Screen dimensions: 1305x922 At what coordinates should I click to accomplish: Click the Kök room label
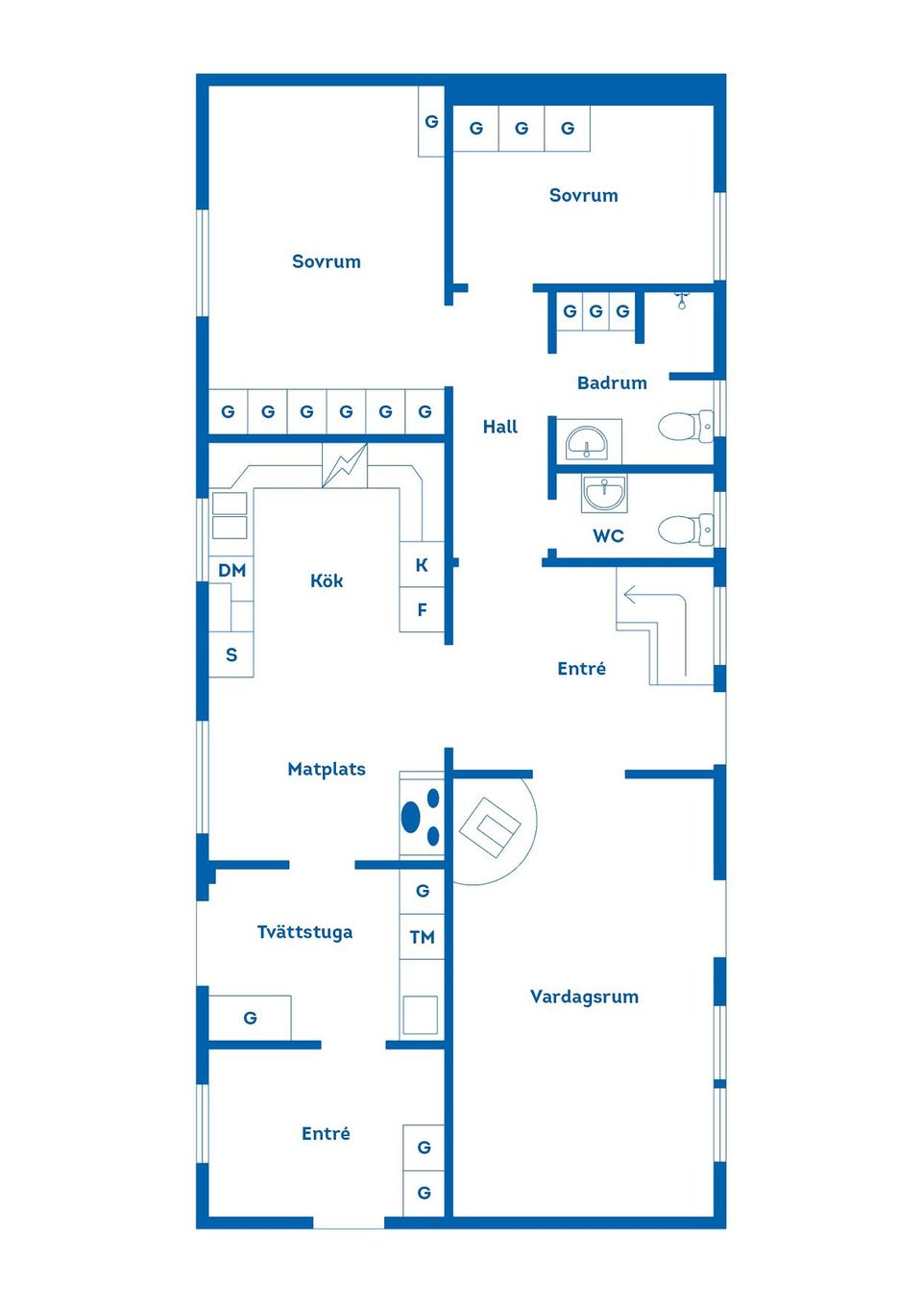pyautogui.click(x=327, y=580)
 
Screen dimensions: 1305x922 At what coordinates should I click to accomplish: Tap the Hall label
pyautogui.click(x=499, y=427)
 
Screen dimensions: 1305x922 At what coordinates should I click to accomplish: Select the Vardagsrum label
pyautogui.click(x=584, y=997)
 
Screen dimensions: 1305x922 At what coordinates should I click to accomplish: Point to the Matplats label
pyautogui.click(x=327, y=769)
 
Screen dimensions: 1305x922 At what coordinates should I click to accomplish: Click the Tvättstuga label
pyautogui.click(x=304, y=932)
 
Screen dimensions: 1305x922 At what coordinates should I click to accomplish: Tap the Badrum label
pyautogui.click(x=612, y=382)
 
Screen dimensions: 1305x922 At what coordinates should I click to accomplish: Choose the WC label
pyautogui.click(x=608, y=536)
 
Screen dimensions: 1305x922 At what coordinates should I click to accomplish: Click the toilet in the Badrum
pyautogui.click(x=685, y=426)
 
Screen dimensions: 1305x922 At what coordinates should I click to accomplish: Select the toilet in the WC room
pyautogui.click(x=685, y=529)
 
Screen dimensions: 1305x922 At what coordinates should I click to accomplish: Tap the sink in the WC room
pyautogui.click(x=604, y=493)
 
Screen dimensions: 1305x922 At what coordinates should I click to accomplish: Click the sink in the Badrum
pyautogui.click(x=586, y=443)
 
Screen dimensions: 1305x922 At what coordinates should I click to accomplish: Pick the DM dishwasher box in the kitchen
pyautogui.click(x=231, y=570)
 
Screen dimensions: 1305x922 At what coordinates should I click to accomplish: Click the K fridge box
pyautogui.click(x=422, y=565)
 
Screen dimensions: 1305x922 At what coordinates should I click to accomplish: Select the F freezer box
pyautogui.click(x=422, y=610)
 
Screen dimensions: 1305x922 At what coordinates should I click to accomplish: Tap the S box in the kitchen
pyautogui.click(x=231, y=654)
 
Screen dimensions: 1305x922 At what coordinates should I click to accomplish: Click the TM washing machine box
pyautogui.click(x=422, y=937)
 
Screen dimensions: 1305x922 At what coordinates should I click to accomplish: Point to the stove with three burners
pyautogui.click(x=422, y=817)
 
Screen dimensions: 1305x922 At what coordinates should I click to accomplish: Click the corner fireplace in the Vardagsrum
pyautogui.click(x=490, y=826)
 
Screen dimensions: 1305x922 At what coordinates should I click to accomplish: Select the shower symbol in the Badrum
pyautogui.click(x=681, y=300)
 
